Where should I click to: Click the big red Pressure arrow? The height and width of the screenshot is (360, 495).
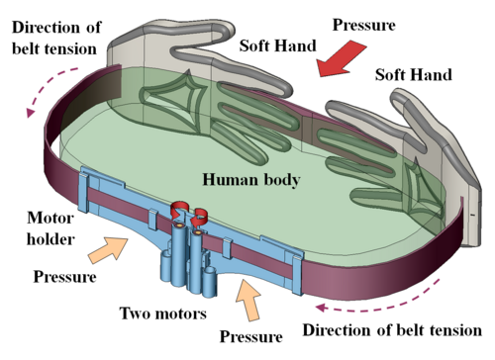340,58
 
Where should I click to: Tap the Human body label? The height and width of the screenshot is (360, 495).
251,180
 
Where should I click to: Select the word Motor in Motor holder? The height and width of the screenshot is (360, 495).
50,218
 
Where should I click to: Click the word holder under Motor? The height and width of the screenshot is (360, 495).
50,239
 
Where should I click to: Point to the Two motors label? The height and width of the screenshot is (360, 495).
163,313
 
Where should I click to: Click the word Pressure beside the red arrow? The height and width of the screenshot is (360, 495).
363,25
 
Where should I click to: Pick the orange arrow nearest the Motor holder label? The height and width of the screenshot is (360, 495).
108,250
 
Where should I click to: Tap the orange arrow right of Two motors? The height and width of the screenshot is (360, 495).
248,300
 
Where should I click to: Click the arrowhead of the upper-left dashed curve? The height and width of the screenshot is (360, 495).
31,112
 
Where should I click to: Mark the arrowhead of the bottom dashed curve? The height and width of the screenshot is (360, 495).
321,308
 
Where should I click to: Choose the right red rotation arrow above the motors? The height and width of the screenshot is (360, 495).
199,218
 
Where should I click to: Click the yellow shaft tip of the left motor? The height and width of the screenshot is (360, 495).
180,225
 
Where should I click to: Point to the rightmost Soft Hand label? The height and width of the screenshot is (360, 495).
413,75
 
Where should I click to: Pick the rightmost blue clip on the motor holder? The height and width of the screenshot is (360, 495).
298,271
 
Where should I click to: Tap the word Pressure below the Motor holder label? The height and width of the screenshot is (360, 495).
65,277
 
